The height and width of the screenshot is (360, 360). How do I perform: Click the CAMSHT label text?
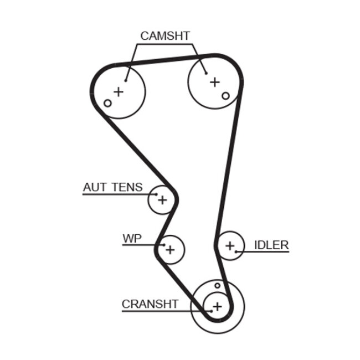click(164, 36)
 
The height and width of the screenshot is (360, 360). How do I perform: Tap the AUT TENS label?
click(112, 187)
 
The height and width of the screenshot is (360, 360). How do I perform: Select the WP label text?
click(132, 239)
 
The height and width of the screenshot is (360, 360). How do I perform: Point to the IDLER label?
click(271, 245)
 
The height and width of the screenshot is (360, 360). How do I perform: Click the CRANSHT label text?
click(150, 304)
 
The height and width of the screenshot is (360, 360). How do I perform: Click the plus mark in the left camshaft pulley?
click(118, 91)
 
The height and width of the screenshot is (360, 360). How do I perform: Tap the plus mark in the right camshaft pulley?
click(215, 82)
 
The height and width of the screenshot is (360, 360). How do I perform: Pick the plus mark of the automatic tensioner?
click(162, 199)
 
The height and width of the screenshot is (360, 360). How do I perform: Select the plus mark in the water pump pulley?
click(170, 250)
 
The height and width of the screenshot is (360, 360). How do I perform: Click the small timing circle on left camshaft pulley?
click(108, 103)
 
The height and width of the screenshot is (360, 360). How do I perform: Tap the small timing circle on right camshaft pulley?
click(225, 96)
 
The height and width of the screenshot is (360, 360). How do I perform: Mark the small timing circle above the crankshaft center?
click(218, 286)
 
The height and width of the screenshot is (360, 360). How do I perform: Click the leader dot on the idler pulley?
click(236, 252)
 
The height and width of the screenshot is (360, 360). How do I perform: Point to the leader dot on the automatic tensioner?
click(156, 194)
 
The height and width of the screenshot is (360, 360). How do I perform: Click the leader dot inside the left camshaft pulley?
click(126, 79)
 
